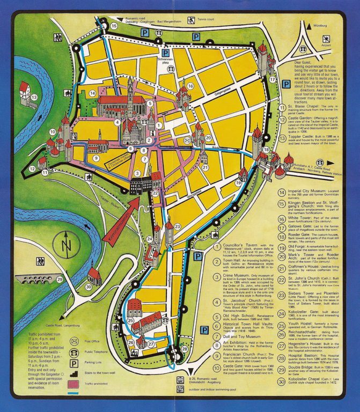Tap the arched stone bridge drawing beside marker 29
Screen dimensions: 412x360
click(37, 279)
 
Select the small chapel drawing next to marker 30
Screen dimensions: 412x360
click(94, 276)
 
